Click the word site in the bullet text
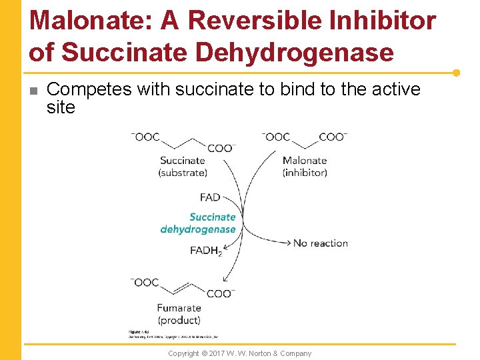[x=61, y=107]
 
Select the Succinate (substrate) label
[x=183, y=166]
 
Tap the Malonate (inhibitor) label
[x=305, y=166]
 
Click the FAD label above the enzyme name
[x=209, y=197]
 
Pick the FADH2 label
[x=205, y=251]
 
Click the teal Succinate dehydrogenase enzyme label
[x=199, y=223]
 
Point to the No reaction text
[x=321, y=243]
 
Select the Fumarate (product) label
[x=179, y=314]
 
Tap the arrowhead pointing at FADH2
[x=226, y=249]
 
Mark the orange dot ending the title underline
[x=456, y=73]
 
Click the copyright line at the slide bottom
[x=239, y=353]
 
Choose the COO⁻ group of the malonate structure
[x=333, y=137]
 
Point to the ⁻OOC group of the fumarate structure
[x=145, y=282]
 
